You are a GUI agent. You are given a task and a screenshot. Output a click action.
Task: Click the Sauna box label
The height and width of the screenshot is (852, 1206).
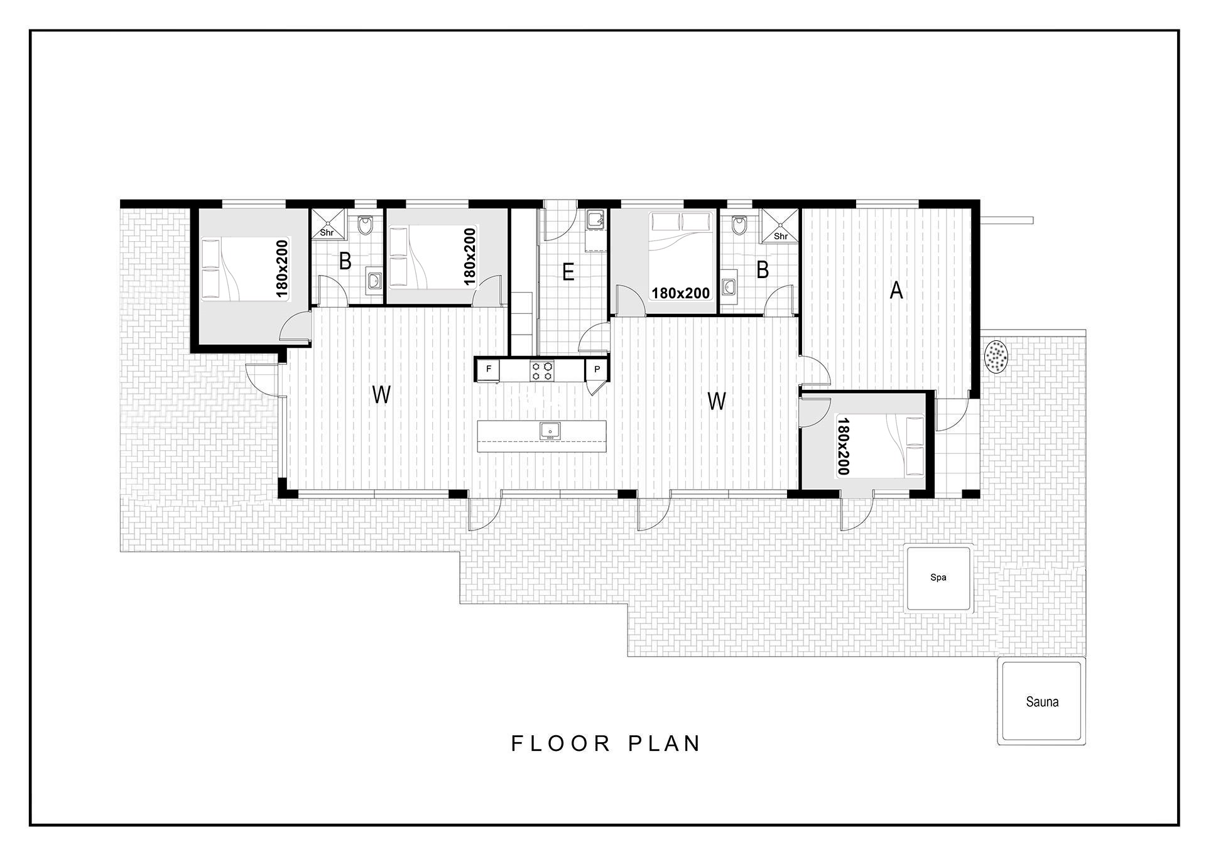tap(1042, 702)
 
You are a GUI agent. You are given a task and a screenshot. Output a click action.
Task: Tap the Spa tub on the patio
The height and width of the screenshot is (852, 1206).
tap(938, 578)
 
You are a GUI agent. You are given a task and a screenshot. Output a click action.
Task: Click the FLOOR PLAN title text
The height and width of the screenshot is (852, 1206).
tap(606, 743)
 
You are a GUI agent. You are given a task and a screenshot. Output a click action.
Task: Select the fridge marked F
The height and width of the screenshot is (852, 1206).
tap(488, 369)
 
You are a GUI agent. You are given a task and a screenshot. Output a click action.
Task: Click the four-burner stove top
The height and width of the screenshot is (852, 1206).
tap(543, 370)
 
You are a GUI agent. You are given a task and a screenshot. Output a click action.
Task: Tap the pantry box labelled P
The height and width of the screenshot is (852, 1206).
tap(597, 369)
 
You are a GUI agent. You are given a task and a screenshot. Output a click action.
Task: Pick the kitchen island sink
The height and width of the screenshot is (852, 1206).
tap(550, 431)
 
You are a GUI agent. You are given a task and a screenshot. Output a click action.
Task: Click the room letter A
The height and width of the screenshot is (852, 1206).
tap(896, 291)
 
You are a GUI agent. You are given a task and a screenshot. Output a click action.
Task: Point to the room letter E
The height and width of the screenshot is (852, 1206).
tap(568, 272)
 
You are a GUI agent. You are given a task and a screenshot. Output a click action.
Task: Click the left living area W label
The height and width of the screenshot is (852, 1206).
tap(381, 395)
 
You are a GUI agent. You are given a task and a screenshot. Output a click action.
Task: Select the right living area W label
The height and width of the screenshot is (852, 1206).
tap(717, 401)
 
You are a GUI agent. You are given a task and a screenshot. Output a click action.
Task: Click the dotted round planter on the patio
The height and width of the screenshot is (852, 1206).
tap(996, 356)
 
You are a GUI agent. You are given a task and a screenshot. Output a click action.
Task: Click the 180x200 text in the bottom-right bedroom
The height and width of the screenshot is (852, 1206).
tap(843, 446)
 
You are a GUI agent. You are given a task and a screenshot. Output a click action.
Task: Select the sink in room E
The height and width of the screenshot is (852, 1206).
tap(594, 221)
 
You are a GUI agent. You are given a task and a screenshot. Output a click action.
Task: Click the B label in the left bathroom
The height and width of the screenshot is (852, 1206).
tap(345, 261)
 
